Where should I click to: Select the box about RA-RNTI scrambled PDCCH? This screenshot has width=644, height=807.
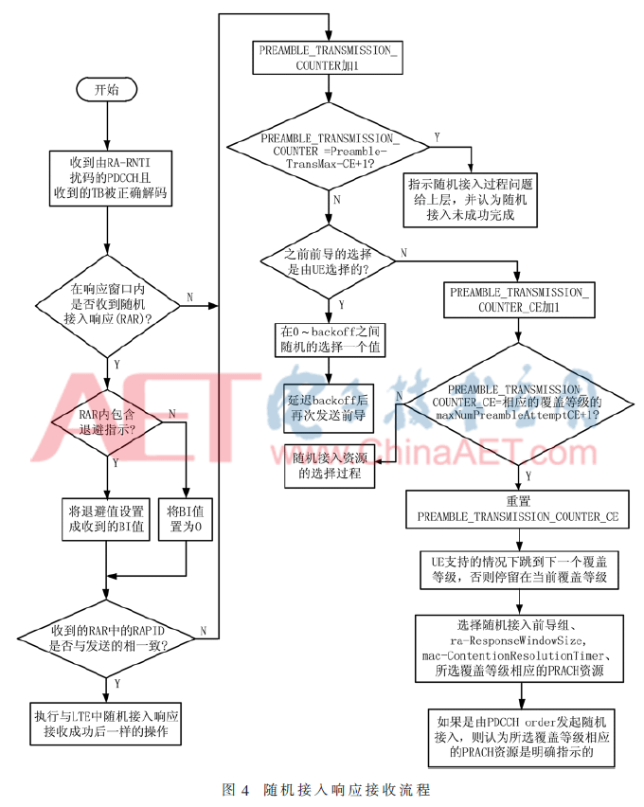click(x=106, y=177)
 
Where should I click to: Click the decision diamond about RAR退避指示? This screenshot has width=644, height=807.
click(x=106, y=421)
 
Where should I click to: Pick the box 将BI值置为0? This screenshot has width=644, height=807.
click(x=185, y=519)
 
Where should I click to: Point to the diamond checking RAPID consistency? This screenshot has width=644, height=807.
click(x=106, y=637)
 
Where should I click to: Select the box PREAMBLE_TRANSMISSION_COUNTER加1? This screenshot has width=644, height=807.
click(x=328, y=58)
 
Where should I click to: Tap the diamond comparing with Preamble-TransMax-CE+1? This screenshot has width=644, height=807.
click(x=328, y=149)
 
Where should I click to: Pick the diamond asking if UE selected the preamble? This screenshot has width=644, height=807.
click(x=328, y=261)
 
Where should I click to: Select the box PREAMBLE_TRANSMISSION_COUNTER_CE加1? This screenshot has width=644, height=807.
click(x=517, y=300)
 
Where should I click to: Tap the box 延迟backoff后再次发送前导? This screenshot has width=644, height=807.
click(x=328, y=406)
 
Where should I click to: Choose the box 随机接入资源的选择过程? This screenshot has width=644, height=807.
click(x=328, y=465)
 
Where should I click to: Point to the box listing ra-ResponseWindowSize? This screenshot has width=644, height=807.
click(x=517, y=648)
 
